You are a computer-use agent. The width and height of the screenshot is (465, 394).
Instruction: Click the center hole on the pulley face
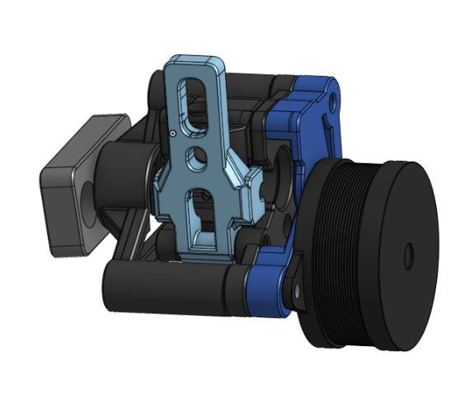[x=408, y=257]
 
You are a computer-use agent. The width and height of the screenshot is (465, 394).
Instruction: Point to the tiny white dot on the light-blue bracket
[x=171, y=132]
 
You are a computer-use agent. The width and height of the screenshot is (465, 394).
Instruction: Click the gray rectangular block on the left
[x=66, y=198]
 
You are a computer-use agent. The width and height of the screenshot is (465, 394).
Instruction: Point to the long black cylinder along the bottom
[x=165, y=288]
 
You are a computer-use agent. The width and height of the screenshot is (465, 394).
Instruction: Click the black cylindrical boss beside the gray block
[x=120, y=177]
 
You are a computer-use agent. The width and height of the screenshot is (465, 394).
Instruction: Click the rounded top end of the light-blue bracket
[x=195, y=63]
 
